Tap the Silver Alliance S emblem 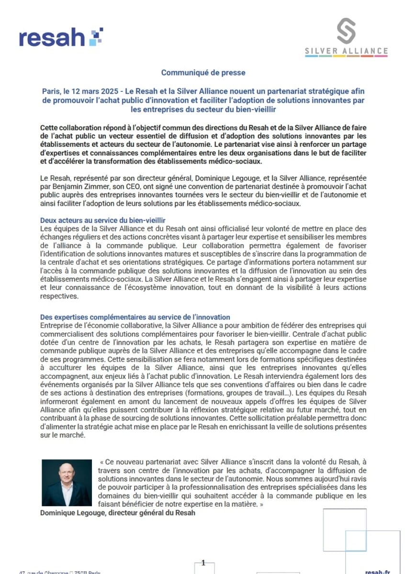[x=346, y=31]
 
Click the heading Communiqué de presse [x=203, y=73]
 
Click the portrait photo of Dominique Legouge [x=67, y=483]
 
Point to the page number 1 [x=203, y=563]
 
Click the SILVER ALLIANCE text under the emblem [x=346, y=51]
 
